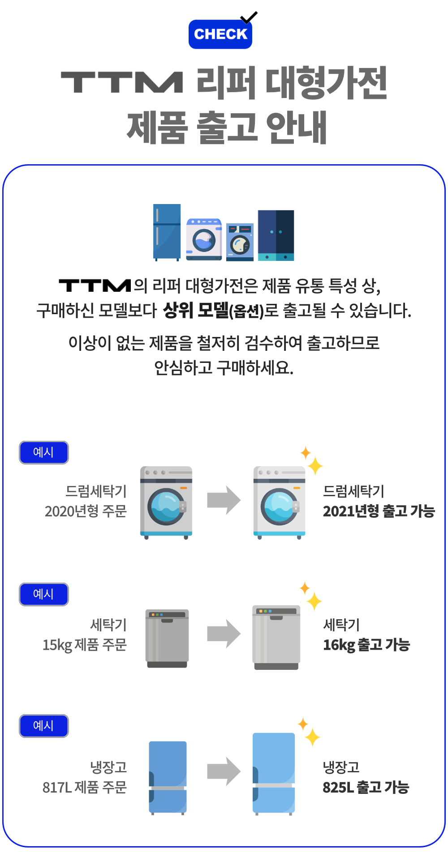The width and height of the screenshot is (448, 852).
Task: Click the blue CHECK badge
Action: (220, 34)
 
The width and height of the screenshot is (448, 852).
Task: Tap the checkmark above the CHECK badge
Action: (249, 17)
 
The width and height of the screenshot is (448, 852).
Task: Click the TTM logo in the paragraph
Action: (95, 285)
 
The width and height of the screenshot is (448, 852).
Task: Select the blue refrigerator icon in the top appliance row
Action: (167, 232)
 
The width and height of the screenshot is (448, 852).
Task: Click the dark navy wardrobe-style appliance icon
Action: (276, 235)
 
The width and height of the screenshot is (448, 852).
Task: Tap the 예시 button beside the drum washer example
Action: (44, 452)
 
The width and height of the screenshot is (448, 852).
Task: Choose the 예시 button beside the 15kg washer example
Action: (44, 594)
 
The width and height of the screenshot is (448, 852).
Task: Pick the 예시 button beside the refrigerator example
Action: (44, 726)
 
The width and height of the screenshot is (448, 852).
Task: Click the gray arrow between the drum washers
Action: (224, 500)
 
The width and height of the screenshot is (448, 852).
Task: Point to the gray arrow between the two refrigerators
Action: (224, 771)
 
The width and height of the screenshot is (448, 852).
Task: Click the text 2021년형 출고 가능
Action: (379, 511)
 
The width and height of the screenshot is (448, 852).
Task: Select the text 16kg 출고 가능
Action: (366, 645)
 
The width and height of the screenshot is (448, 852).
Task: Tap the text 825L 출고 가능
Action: (366, 787)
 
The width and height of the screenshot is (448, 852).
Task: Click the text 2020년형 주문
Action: (86, 511)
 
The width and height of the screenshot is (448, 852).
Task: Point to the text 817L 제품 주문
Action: (85, 787)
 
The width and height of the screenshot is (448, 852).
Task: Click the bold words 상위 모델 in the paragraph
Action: (195, 310)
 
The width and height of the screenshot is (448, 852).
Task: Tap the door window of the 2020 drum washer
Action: (166, 507)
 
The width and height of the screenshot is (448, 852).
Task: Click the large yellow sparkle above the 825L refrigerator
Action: (312, 737)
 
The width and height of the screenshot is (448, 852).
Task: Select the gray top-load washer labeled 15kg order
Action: (167, 638)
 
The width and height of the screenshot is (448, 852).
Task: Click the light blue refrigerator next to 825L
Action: (274, 773)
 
